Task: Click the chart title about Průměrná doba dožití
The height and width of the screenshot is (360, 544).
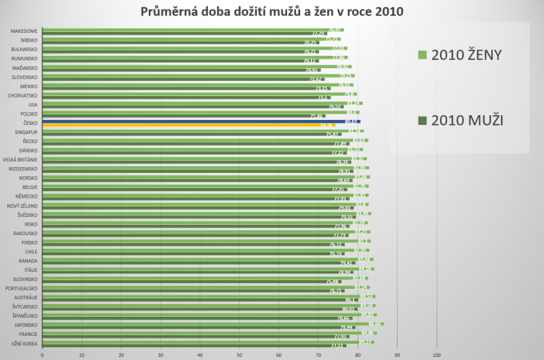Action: click(x=272, y=12)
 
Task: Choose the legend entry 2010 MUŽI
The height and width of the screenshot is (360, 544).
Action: click(x=466, y=120)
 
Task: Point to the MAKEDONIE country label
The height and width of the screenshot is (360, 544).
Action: click(x=23, y=30)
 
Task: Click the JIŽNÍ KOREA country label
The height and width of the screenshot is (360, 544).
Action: click(x=24, y=343)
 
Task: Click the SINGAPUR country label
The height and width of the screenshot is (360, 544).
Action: click(x=25, y=132)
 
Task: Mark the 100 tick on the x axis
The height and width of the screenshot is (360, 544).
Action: click(x=436, y=354)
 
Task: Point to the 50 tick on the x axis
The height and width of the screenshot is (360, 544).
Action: click(x=239, y=354)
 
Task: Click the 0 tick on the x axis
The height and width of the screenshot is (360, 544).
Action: click(x=42, y=354)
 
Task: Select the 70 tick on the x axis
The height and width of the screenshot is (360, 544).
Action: click(x=318, y=354)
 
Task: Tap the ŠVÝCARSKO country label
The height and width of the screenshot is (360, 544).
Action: click(x=24, y=306)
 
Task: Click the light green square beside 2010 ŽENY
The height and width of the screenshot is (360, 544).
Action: click(x=422, y=55)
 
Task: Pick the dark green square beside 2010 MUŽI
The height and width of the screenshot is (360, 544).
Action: click(x=422, y=121)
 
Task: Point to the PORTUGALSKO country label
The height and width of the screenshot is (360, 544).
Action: click(x=22, y=288)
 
